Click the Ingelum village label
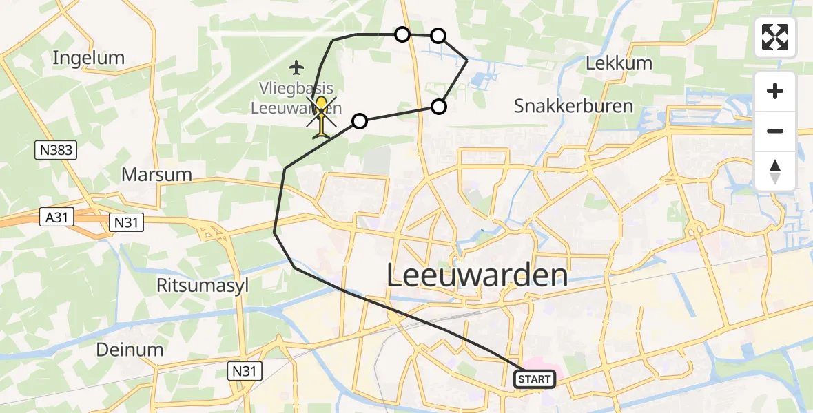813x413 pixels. [x=89, y=58]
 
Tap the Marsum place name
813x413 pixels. [x=156, y=174]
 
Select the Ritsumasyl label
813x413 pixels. [x=202, y=286]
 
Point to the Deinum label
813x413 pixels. [x=130, y=349]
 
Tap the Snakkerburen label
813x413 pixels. [x=564, y=106]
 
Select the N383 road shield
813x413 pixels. [x=56, y=149]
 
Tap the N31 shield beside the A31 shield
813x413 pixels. [x=126, y=221]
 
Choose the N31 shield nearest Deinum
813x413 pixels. [x=245, y=372]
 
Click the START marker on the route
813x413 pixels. [x=535, y=379]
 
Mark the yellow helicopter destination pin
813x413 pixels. [x=322, y=110]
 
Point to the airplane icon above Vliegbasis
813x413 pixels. [x=296, y=67]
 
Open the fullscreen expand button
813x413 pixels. [x=775, y=37]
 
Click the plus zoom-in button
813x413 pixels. [x=775, y=92]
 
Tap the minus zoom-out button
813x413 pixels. [x=775, y=131]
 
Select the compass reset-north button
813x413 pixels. [x=775, y=171]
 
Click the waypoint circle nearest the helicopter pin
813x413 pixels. [x=359, y=121]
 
